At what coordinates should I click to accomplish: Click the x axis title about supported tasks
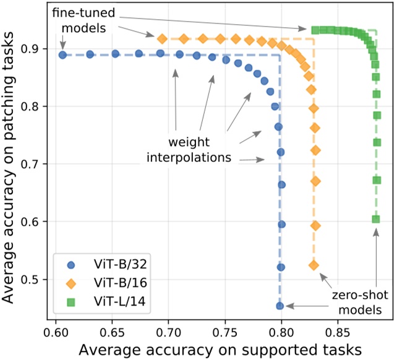220,348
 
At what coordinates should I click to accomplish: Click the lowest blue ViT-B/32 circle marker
280,306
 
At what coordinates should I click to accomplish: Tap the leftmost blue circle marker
62,55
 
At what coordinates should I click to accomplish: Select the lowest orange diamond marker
314,265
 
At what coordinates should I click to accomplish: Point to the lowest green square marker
375,219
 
